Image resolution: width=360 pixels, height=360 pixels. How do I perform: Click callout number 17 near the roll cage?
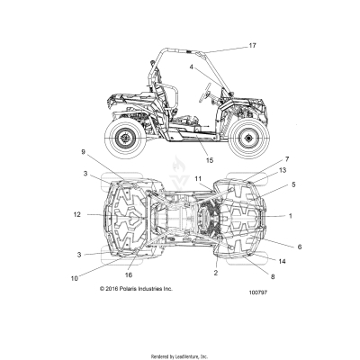click(252, 46)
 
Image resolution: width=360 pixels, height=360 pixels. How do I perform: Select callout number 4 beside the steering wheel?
click(192, 67)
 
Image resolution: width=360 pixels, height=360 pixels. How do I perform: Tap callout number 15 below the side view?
click(210, 160)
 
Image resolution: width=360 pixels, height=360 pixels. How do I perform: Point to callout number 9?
click(84, 152)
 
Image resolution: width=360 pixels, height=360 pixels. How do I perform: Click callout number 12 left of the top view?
click(77, 214)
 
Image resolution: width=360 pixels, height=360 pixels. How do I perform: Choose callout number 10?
click(74, 278)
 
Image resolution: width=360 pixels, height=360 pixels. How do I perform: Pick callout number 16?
click(129, 274)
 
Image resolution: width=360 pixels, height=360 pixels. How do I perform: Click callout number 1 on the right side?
click(290, 216)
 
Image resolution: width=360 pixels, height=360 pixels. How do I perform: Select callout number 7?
click(287, 159)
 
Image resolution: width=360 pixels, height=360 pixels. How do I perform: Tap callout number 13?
click(283, 170)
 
